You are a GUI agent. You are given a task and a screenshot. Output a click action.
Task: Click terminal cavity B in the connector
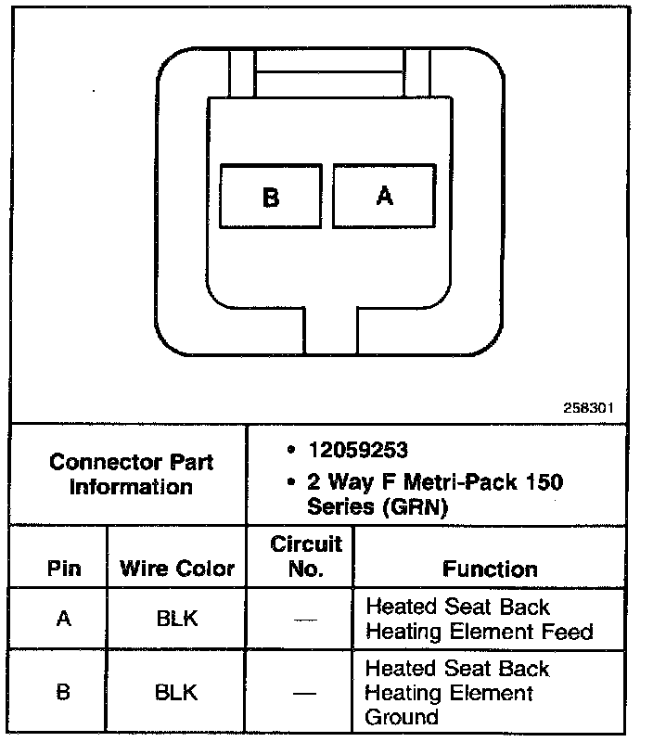[271, 197]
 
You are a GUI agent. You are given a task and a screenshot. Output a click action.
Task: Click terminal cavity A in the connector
[384, 196]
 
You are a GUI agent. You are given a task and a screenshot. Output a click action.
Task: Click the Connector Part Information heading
[131, 474]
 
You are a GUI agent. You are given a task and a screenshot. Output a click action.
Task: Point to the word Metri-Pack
[445, 482]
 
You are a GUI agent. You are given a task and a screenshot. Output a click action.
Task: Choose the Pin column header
[63, 569]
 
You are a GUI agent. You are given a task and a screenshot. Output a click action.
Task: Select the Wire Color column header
[177, 569]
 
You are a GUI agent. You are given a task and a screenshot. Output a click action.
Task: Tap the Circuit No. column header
[305, 556]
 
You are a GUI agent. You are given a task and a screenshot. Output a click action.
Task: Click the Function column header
[490, 569]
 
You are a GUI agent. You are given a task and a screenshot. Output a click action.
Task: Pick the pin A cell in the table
[63, 619]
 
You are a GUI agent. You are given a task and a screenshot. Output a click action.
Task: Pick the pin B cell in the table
[63, 692]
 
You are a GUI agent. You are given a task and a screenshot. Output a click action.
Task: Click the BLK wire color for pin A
[177, 619]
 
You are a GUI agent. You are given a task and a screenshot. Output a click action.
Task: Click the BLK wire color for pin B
[177, 692]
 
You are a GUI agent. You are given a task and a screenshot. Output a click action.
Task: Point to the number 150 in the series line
[544, 482]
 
